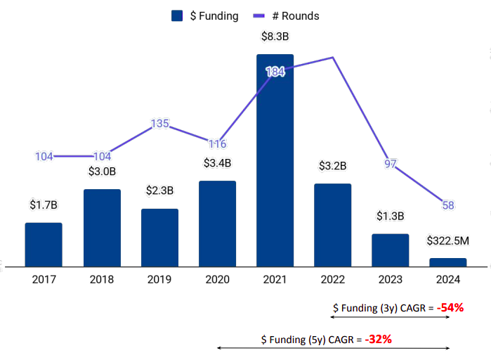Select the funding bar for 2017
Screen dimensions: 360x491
(x=44, y=245)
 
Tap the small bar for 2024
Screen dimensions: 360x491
(x=448, y=262)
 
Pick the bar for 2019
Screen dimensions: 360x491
(x=159, y=238)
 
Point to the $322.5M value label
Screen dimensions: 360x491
(x=448, y=241)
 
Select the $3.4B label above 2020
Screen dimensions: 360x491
(x=217, y=163)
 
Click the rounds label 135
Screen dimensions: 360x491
(x=159, y=124)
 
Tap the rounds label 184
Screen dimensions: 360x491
(x=275, y=72)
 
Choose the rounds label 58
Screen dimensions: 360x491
(x=448, y=205)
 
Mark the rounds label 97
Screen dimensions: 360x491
(x=391, y=164)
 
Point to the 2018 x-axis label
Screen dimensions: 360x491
(x=102, y=279)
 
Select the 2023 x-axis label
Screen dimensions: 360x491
(x=391, y=279)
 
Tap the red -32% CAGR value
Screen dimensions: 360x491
(x=378, y=339)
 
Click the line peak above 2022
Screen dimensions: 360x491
(x=333, y=58)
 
